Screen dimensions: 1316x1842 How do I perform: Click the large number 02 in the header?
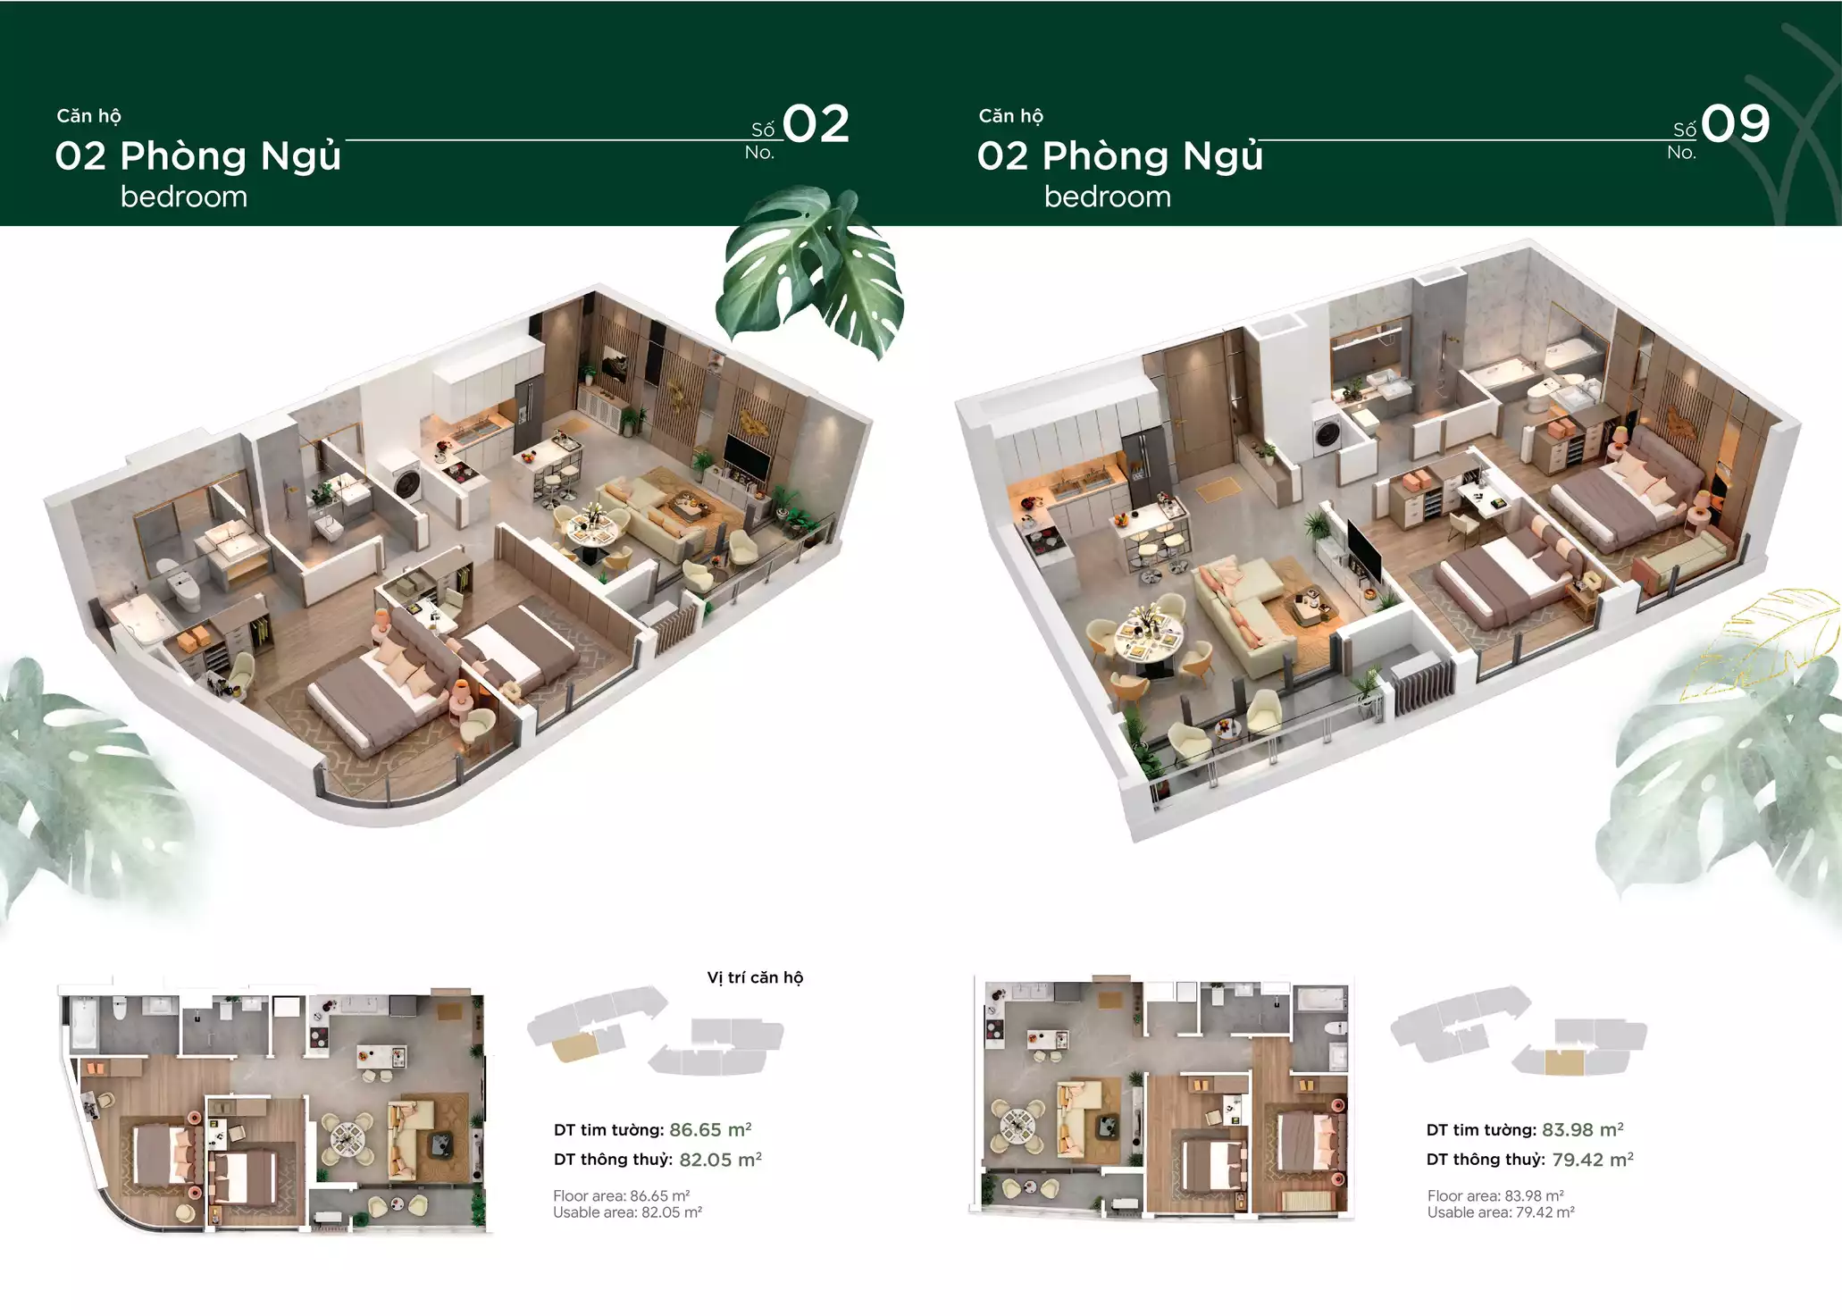point(816,124)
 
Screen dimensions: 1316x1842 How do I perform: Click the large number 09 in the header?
point(1735,124)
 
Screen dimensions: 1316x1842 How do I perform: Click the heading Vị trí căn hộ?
point(755,977)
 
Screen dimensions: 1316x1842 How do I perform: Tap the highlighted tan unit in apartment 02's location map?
point(573,1044)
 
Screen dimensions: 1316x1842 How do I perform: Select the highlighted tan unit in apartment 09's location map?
point(1563,1062)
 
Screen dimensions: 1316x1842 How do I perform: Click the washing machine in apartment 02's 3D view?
point(408,482)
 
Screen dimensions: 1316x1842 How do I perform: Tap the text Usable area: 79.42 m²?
point(1501,1212)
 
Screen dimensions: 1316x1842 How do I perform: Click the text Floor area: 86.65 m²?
point(621,1195)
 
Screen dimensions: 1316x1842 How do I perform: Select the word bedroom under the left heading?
point(184,197)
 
